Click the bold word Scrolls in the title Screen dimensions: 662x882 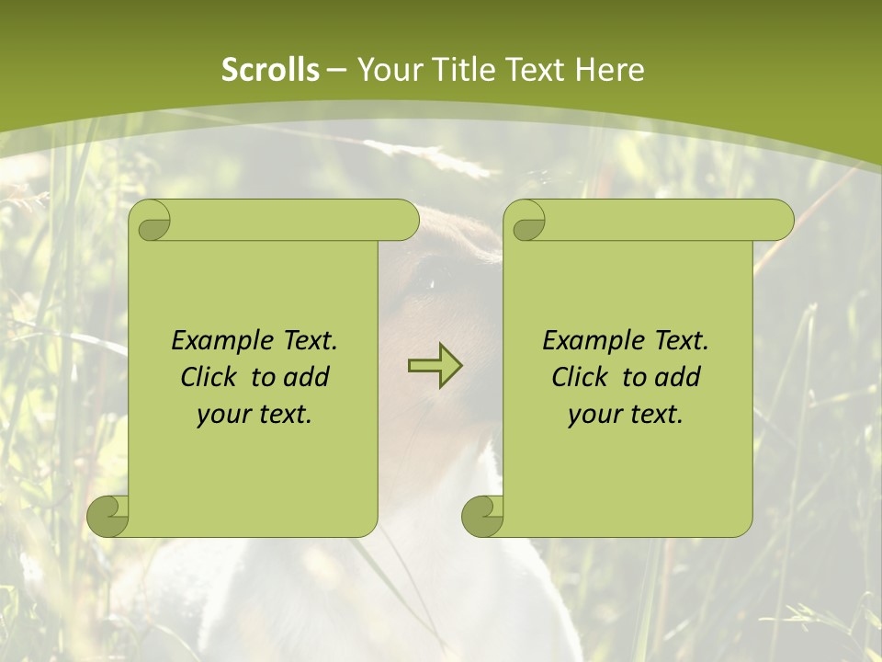[270, 70]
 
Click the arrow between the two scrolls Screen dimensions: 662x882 [435, 365]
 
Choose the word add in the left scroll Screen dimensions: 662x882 [308, 377]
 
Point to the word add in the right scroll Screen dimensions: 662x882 [679, 377]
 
